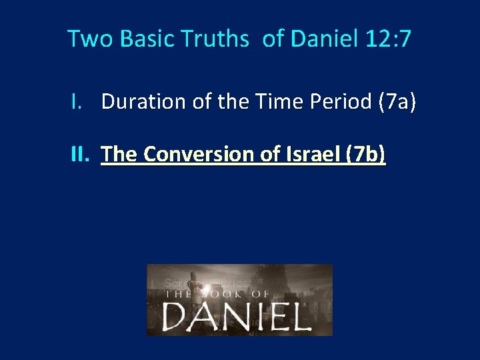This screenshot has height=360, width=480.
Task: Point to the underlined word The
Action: pos(119,155)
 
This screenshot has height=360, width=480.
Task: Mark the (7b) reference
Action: pos(364,155)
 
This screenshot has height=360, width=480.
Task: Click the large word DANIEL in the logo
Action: pos(237,317)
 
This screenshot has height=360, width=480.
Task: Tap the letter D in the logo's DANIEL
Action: pos(177,317)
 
